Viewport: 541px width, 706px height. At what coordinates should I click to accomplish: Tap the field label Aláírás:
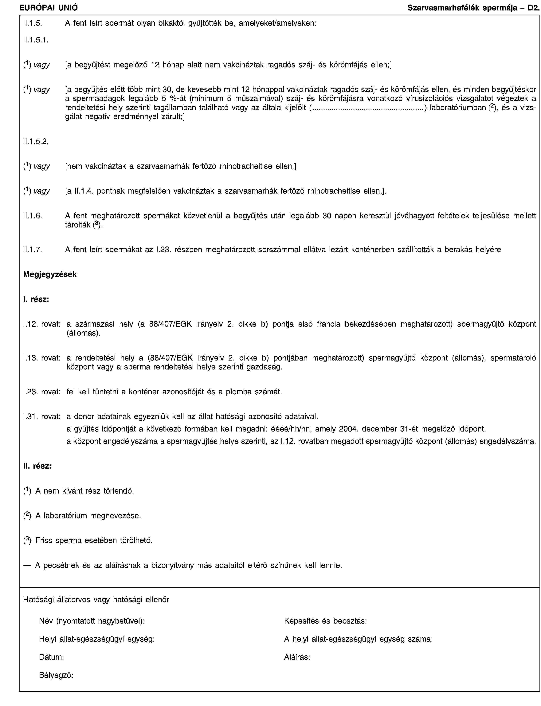pos(297,657)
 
